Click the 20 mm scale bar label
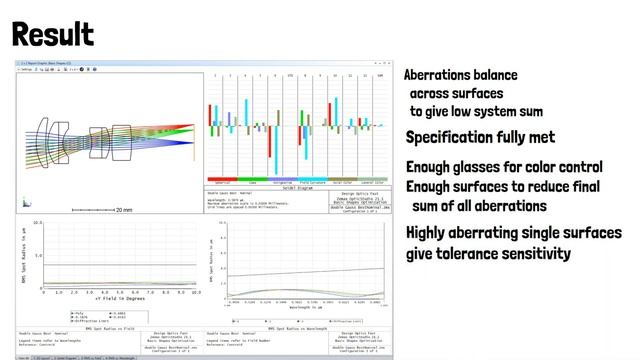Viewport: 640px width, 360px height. click(121, 210)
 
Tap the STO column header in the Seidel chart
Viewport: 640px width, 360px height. click(290, 76)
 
